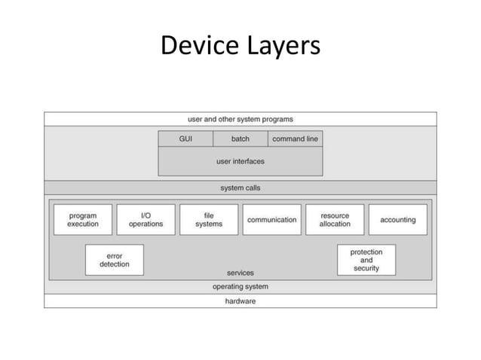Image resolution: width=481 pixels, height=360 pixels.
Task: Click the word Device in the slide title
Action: pyautogui.click(x=199, y=47)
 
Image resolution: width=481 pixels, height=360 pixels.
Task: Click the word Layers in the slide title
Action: pyautogui.click(x=280, y=47)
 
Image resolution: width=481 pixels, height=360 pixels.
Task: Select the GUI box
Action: pyautogui.click(x=185, y=139)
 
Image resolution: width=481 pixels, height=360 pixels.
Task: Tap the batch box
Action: pyautogui.click(x=240, y=139)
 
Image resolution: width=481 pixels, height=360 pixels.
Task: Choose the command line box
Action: pyautogui.click(x=295, y=139)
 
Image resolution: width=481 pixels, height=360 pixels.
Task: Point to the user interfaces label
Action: pyautogui.click(x=240, y=161)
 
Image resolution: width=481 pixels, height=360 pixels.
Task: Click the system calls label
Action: pyautogui.click(x=240, y=188)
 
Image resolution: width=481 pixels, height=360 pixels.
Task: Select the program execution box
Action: pyautogui.click(x=83, y=220)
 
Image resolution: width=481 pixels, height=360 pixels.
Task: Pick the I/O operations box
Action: pyautogui.click(x=146, y=220)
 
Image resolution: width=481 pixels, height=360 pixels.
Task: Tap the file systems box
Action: pyautogui.click(x=209, y=220)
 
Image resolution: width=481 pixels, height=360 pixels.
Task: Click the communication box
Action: pyautogui.click(x=271, y=220)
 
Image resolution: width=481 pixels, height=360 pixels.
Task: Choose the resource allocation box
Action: pyautogui.click(x=335, y=220)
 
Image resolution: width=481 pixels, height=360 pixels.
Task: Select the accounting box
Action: pyautogui.click(x=397, y=220)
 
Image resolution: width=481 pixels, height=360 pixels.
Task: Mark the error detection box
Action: pyautogui.click(x=115, y=260)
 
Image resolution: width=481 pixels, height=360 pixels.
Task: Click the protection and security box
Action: pyautogui.click(x=366, y=260)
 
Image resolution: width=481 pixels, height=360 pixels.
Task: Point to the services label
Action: pyautogui.click(x=240, y=273)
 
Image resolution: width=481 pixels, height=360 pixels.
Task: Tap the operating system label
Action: pyautogui.click(x=240, y=287)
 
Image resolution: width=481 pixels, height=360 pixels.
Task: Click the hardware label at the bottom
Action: pyautogui.click(x=240, y=301)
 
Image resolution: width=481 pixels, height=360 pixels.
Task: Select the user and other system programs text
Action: pyautogui.click(x=240, y=119)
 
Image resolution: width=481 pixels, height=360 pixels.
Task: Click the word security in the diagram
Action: pyautogui.click(x=366, y=269)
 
